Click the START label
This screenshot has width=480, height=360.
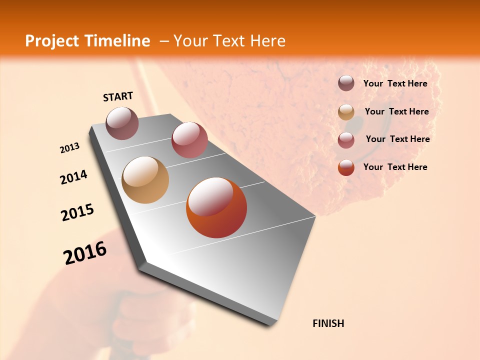[x=118, y=96]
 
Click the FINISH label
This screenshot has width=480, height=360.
[x=328, y=323]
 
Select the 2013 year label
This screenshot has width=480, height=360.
[x=70, y=148]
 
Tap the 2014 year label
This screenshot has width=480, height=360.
[x=74, y=177]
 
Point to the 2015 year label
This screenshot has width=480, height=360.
[x=77, y=212]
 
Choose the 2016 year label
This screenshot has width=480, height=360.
[x=85, y=253]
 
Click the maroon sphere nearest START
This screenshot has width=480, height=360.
[x=122, y=123]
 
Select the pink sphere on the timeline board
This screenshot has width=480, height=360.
[x=189, y=140]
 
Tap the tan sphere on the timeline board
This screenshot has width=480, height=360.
[x=145, y=180]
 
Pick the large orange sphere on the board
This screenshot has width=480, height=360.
[x=216, y=207]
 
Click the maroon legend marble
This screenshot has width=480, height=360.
[x=346, y=83]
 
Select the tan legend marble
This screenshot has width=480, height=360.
[x=346, y=112]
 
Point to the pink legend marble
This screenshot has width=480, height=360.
[x=346, y=140]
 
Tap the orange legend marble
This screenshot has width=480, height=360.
[x=346, y=167]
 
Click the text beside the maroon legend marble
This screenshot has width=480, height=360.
[x=395, y=84]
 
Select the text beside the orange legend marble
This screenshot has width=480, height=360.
[x=395, y=167]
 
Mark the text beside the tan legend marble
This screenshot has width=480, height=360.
[x=397, y=111]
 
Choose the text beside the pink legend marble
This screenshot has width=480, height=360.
[x=398, y=139]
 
